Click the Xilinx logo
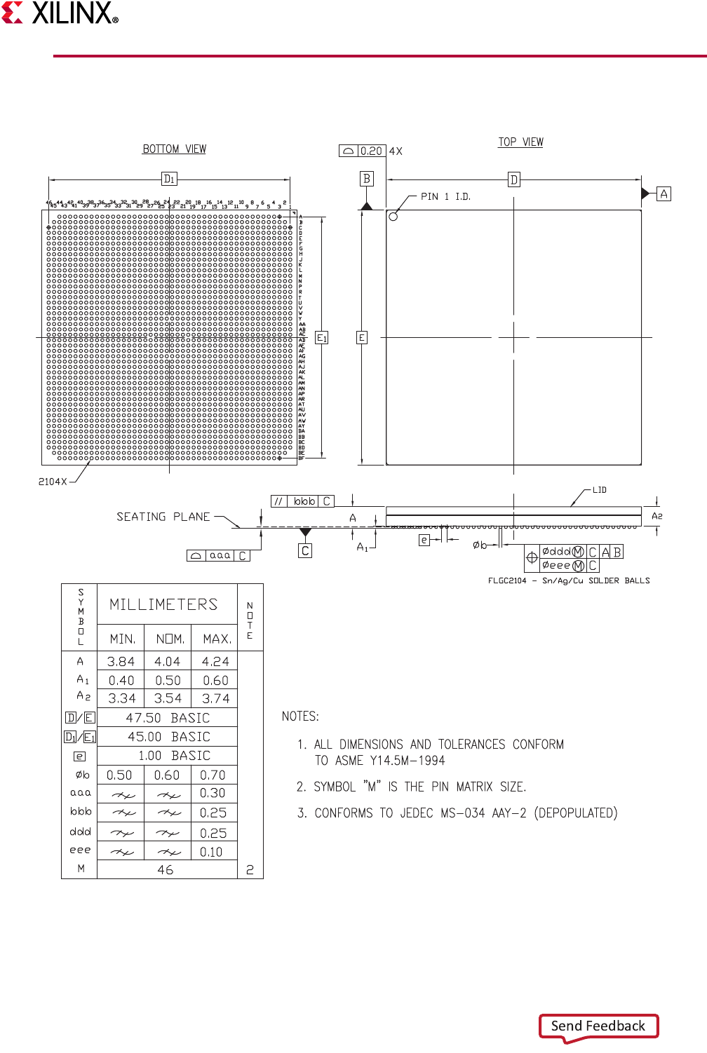60,13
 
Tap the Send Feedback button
598,1026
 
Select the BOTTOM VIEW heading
174,149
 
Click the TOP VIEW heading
520,142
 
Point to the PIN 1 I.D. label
445,197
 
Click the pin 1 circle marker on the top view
393,217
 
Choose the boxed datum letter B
366,179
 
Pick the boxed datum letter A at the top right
664,193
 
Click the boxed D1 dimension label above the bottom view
169,179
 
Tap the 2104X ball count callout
53,482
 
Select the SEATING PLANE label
163,517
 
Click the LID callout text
599,490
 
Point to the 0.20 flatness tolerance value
371,151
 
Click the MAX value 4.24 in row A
215,662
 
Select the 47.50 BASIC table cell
168,718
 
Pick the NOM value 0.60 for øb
167,775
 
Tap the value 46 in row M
166,870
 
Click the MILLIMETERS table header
163,604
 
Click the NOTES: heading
300,716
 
